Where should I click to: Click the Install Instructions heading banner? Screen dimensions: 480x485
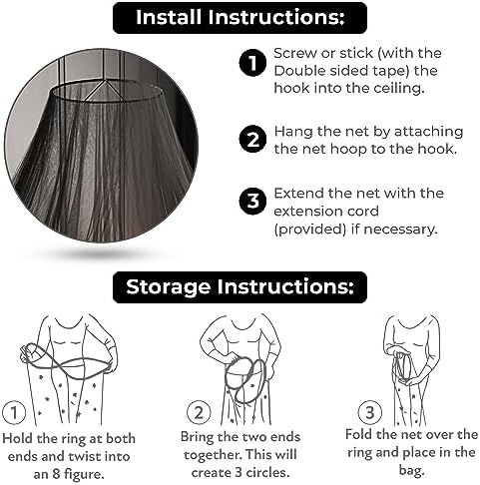click(240, 18)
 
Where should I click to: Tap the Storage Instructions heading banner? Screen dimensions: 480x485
click(240, 287)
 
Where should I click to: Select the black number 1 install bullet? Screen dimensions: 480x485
click(252, 63)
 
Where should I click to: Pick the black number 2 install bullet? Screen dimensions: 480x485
click(252, 139)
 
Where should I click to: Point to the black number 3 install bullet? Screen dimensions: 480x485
click(252, 201)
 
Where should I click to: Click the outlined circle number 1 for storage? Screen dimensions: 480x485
click(14, 413)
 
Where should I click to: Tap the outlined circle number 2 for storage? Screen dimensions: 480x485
click(199, 413)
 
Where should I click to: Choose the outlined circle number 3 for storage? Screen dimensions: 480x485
click(369, 413)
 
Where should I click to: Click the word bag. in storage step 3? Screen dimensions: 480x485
click(411, 471)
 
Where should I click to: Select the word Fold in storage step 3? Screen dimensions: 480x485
click(359, 434)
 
